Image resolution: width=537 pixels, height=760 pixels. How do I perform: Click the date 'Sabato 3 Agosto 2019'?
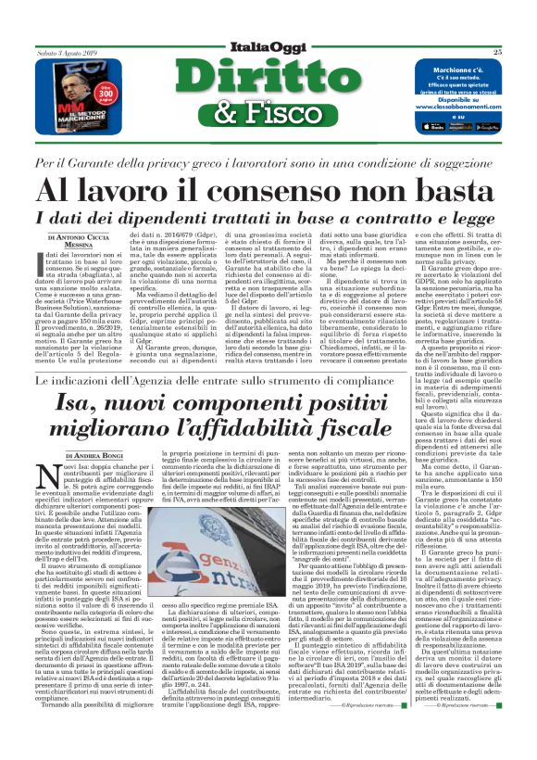(x=67, y=54)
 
